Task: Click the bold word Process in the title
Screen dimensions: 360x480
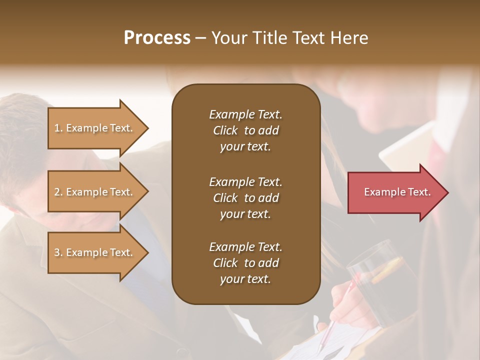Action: point(157,38)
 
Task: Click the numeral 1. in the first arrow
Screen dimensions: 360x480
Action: point(58,128)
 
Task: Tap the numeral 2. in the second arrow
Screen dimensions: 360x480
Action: point(58,192)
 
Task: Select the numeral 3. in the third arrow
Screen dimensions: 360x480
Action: point(58,252)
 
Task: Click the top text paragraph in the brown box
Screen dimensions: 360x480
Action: point(245,130)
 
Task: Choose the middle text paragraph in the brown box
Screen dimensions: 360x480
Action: point(245,197)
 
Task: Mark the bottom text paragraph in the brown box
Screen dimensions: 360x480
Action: point(245,263)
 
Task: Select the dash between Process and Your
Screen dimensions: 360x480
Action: point(200,38)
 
